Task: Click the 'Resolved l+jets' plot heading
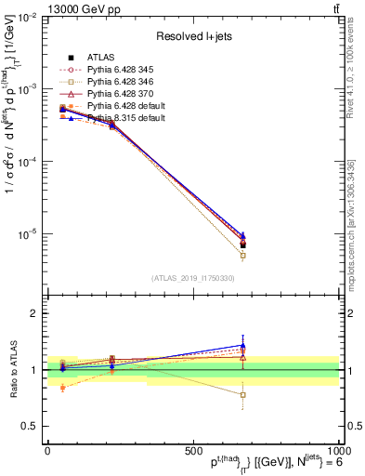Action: pos(193,36)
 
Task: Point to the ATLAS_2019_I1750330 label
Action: pos(193,278)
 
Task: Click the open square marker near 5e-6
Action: pos(242,255)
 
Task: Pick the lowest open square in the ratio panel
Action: pos(242,395)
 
